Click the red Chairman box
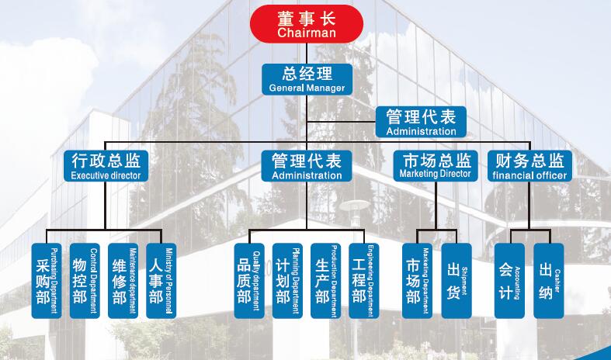click(x=307, y=23)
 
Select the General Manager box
click(x=307, y=80)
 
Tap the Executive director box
click(x=106, y=166)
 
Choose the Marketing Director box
click(x=436, y=166)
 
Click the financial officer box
click(x=530, y=166)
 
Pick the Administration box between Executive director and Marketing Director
click(x=307, y=166)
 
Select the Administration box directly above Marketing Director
click(x=421, y=122)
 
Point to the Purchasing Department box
click(x=45, y=280)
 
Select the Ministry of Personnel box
click(x=161, y=280)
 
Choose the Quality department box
click(x=248, y=280)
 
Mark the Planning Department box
click(x=287, y=280)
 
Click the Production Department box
click(x=325, y=280)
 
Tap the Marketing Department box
click(x=418, y=280)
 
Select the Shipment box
click(x=457, y=280)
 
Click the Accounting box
click(x=509, y=280)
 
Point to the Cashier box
click(x=548, y=280)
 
